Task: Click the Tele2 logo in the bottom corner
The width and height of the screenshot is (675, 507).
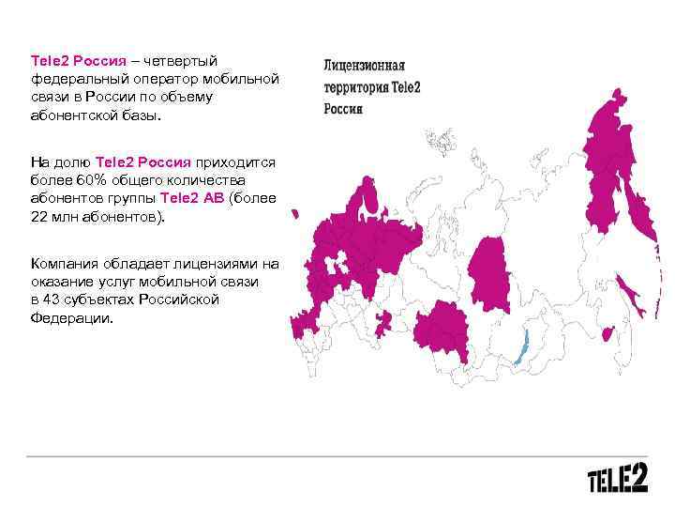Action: point(617,480)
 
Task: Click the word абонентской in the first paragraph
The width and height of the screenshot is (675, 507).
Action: point(69,115)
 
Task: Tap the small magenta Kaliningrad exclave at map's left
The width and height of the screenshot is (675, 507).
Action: point(294,215)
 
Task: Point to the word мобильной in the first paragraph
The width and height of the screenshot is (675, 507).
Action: point(241,78)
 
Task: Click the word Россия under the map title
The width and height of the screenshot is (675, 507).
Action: point(343,109)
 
